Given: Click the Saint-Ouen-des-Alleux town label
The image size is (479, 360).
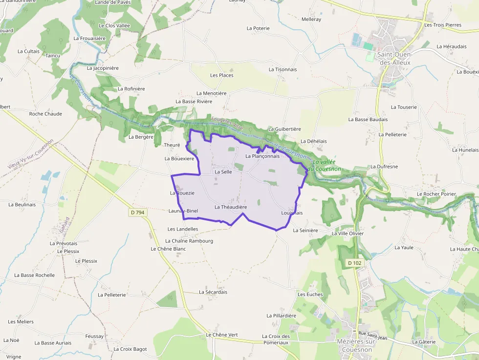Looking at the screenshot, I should pos(393,59).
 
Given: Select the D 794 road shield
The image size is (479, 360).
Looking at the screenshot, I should pos(138,212).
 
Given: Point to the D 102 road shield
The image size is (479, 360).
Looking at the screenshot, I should pos(355,263).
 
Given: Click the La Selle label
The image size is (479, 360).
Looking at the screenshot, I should pos(223,172).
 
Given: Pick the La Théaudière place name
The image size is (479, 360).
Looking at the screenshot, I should pos(231,207).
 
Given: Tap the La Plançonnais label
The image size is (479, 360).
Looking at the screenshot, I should pos(262,156).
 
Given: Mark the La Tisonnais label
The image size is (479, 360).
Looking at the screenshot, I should pos(283,69).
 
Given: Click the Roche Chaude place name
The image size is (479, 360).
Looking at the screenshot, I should pos(45,114).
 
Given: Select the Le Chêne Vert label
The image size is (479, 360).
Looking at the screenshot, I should pos(222,335).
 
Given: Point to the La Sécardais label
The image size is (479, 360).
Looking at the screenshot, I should pos(213,292).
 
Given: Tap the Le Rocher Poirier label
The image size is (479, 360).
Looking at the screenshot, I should pos(436,194).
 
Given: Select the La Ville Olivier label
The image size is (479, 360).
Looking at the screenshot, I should pos(348,233).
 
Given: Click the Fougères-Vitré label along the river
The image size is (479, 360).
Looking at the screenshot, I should pos(227,123).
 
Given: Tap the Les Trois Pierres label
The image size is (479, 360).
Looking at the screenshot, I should pos(443,25).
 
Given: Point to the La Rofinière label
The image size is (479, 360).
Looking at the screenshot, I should pos(131,89).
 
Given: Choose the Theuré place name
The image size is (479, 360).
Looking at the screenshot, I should pos(172,145).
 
